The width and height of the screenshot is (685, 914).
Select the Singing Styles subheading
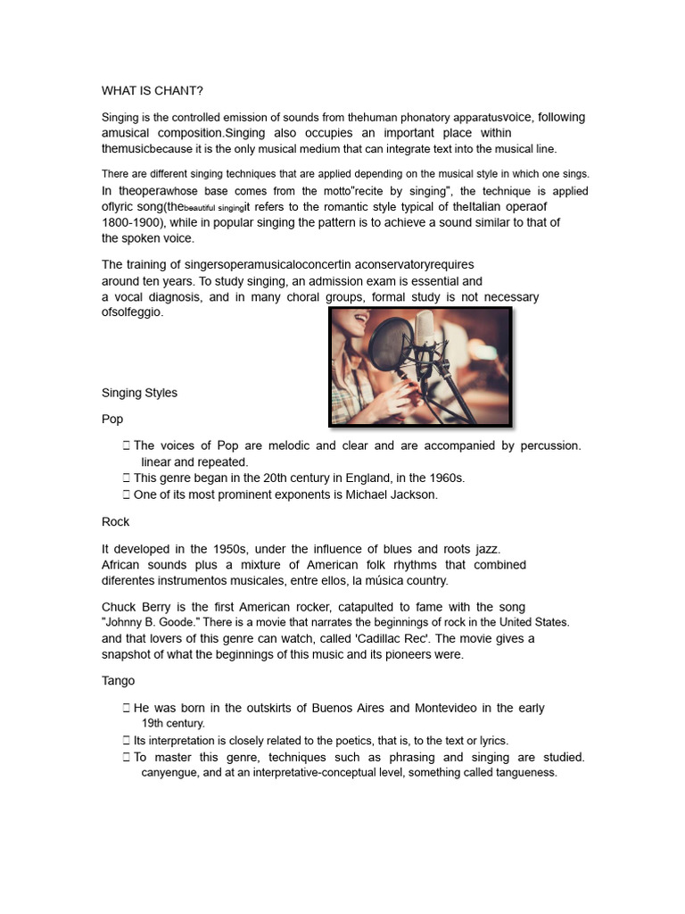point(139,393)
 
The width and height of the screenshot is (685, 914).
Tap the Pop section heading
point(112,419)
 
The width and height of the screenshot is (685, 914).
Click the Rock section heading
point(116,521)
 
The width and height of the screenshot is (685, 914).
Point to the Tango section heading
point(119,681)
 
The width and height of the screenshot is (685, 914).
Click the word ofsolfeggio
point(133,312)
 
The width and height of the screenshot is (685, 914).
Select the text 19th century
point(173,724)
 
